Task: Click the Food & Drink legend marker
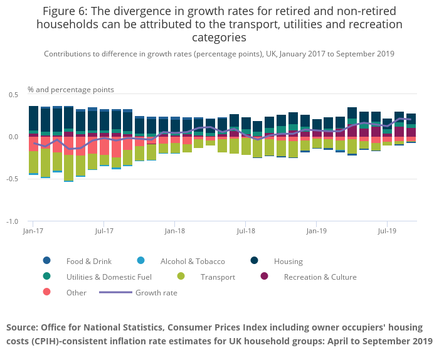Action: pos(47,261)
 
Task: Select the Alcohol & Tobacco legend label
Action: pos(193,262)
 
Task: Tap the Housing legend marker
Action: pos(255,261)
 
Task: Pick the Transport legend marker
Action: pos(181,277)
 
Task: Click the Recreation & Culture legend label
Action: pos(320,277)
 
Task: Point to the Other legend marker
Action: pos(47,292)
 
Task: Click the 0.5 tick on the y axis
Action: pos(13,94)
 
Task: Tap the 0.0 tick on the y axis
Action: pos(13,137)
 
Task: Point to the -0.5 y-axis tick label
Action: pos(11,179)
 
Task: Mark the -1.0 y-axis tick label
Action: pos(11,222)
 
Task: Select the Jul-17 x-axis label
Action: pos(105,231)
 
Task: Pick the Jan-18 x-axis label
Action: pos(175,231)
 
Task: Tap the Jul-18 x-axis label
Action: pos(246,231)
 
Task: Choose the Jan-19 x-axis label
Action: pos(317,231)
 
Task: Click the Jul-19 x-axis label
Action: pos(388,231)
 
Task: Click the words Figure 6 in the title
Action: pos(68,11)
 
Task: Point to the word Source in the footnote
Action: pos(24,327)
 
